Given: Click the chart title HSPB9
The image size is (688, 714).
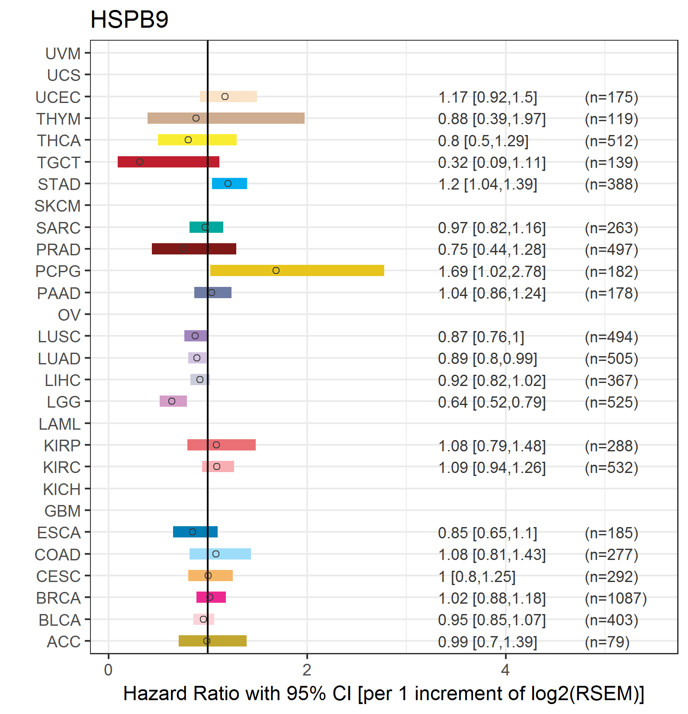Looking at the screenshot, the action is pos(129,19).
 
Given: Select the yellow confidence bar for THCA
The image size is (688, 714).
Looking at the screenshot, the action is pos(197,140).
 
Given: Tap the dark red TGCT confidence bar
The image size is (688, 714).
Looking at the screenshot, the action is pos(168,162).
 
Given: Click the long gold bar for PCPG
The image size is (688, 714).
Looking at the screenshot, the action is pos(297,270).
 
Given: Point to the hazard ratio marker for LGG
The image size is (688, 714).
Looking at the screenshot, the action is pos(172,401).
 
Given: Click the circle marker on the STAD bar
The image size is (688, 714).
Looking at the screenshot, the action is pos(228,183).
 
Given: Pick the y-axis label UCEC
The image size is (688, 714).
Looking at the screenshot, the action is pos(58,97).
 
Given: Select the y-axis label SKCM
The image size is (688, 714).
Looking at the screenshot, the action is pos(58,206).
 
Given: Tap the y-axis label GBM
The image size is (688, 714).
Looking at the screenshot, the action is pos(63,511).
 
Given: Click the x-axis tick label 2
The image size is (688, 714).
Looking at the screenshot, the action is pos(307,670).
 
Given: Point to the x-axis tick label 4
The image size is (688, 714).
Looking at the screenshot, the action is pos(505,670).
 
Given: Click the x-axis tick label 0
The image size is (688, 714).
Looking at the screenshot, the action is pos(108,670).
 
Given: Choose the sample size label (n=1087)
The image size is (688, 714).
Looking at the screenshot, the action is pos(616,598).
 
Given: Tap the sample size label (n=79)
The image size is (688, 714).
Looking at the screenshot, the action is pos(607,642).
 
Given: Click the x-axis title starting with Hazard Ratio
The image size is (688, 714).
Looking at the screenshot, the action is pos(384,694).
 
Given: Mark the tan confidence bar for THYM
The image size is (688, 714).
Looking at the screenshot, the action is pos(226,118).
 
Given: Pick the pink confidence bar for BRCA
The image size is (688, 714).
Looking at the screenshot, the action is pos(211,597).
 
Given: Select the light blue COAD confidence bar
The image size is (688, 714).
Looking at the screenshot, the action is pos(220,554).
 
